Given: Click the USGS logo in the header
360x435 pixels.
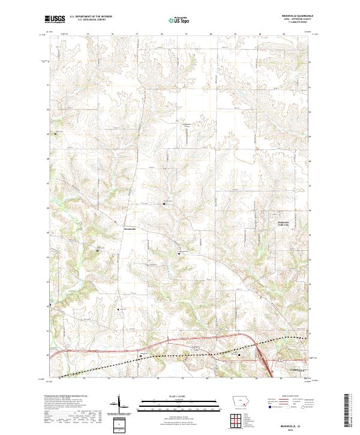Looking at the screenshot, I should coord(55,19).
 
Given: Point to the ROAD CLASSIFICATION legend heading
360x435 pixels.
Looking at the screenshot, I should coord(290,397).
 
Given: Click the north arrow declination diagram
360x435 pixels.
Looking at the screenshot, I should coord(121,403).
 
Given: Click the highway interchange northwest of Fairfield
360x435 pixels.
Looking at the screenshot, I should coord(262,351).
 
